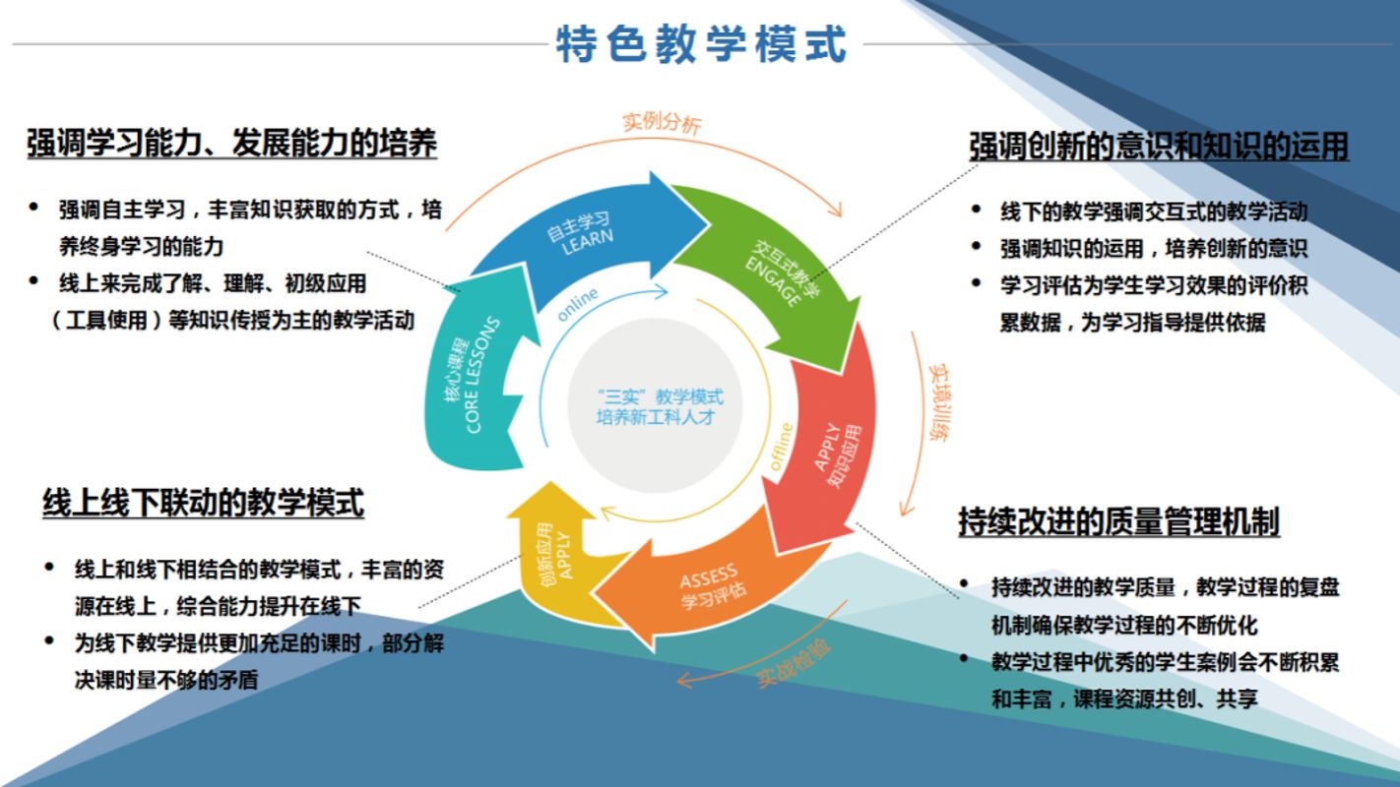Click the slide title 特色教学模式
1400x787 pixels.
coord(701,44)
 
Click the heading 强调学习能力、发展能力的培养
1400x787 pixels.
coord(231,144)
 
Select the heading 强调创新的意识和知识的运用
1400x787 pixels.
coord(1159,147)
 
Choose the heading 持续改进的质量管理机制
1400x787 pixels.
coord(1118,521)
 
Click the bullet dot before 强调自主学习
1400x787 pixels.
coord(34,208)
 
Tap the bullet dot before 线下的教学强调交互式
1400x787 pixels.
coord(976,210)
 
